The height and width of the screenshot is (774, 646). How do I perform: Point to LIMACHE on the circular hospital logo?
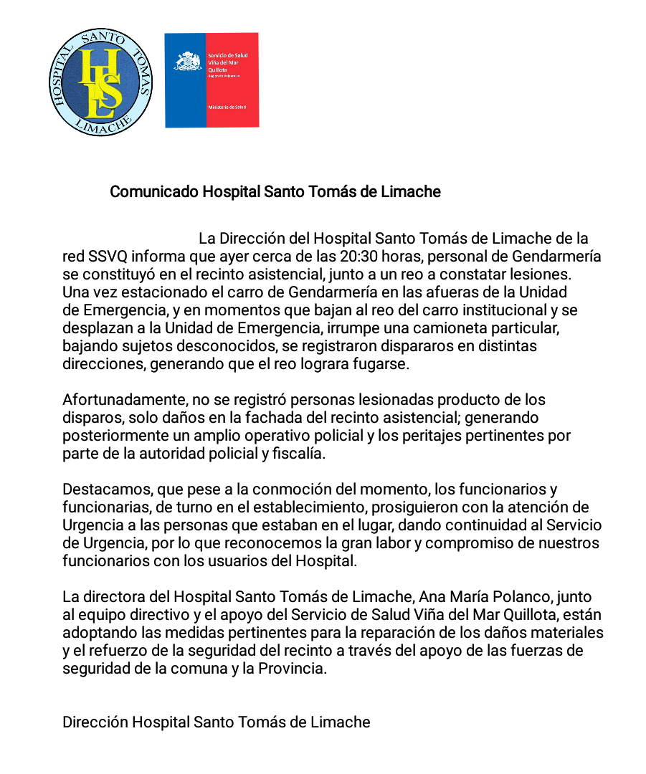click(x=101, y=125)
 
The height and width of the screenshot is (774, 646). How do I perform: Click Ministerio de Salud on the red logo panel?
click(x=227, y=107)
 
